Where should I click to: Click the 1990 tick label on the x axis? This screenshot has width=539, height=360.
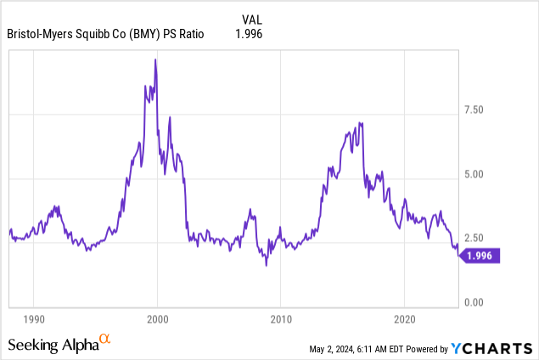33,320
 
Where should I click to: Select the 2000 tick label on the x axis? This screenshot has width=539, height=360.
157,320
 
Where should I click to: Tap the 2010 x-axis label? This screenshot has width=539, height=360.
281,320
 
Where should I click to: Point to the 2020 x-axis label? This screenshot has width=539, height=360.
405,320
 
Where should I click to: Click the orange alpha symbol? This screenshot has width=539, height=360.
105,339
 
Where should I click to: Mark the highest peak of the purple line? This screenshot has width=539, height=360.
155,59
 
